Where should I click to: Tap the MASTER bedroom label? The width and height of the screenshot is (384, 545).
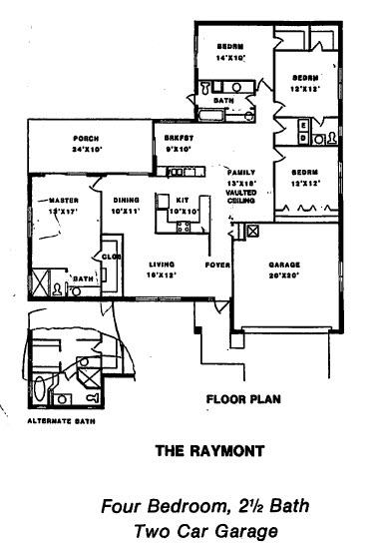click(62, 200)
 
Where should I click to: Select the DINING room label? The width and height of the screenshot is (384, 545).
click(126, 200)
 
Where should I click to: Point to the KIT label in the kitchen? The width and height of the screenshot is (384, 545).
click(183, 200)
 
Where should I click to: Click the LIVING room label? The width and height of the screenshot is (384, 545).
click(163, 264)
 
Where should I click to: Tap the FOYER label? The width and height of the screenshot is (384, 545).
click(217, 266)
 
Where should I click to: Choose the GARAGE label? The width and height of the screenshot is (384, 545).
click(285, 266)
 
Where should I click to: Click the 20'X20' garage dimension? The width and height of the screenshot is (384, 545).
click(285, 276)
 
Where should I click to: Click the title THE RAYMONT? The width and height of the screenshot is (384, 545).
click(210, 450)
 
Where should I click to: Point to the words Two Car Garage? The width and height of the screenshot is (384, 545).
click(206, 530)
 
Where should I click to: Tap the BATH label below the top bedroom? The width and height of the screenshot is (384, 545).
click(224, 101)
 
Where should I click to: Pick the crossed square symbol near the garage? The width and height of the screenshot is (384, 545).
click(252, 231)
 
